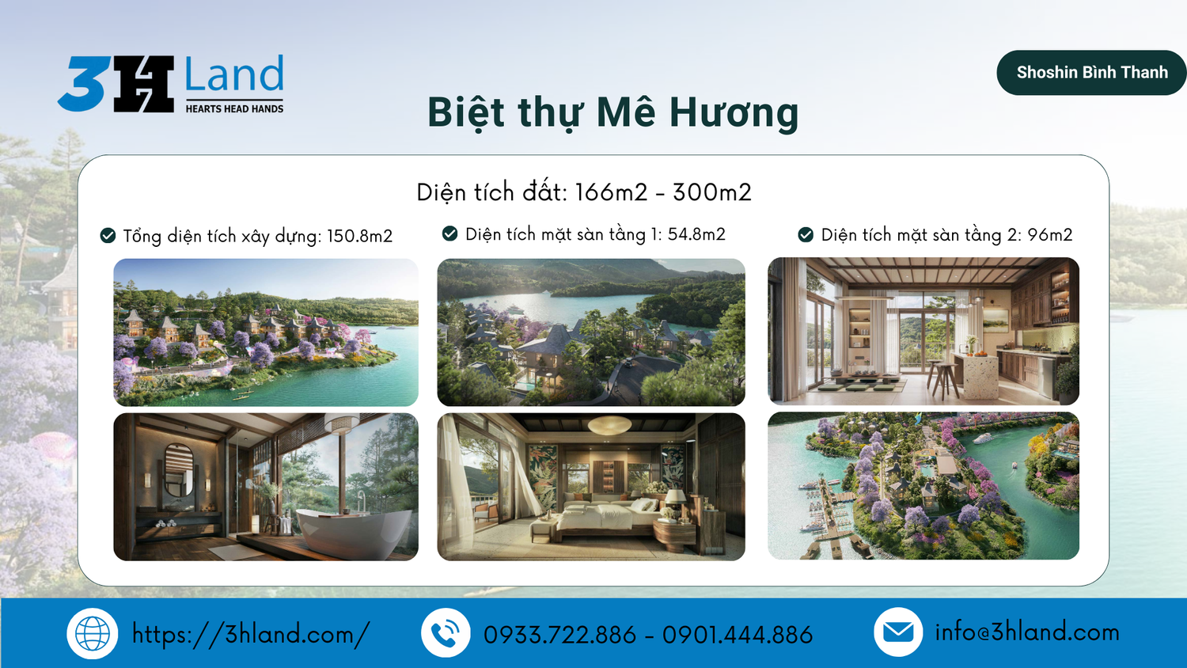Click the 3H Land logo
[171, 84]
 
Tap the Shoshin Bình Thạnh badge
[1091, 73]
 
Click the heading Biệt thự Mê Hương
[613, 113]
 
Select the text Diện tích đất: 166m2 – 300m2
[584, 192]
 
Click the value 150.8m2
[360, 236]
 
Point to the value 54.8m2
[696, 234]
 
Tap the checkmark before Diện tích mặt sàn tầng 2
[806, 234]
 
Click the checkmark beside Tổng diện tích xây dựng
[108, 235]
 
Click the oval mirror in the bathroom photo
[179, 469]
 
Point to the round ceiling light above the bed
[610, 424]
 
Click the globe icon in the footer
[93, 633]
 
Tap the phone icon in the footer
[446, 633]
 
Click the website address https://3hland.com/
[251, 634]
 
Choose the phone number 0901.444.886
[738, 635]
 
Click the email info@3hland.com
[1027, 632]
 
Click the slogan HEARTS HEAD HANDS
[234, 109]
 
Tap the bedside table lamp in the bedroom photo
[675, 502]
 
